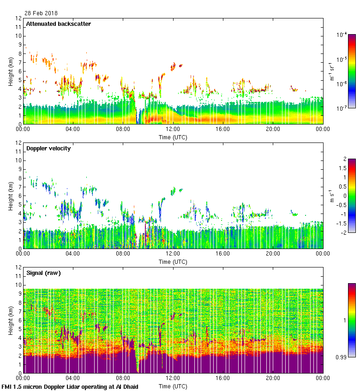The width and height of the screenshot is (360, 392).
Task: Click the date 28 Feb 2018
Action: click(39, 13)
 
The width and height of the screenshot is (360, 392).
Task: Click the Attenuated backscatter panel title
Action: click(58, 24)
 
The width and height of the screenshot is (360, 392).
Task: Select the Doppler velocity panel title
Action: click(48, 148)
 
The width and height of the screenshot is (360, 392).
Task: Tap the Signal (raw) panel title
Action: click(43, 273)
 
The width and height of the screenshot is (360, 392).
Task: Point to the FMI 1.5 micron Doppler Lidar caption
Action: click(70, 387)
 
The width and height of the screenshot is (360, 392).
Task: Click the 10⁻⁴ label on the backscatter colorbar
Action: click(342, 35)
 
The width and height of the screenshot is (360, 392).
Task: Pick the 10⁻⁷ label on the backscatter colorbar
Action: click(342, 108)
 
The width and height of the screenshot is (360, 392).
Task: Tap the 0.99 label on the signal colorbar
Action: click(342, 356)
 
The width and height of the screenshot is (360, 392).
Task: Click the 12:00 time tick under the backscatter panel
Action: click(173, 130)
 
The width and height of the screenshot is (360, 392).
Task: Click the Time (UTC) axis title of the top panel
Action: click(173, 137)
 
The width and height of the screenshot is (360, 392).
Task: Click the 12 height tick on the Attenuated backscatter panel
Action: click(19, 18)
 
